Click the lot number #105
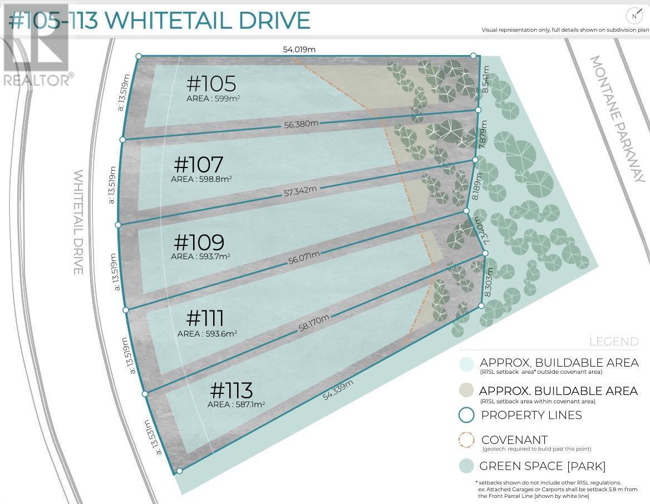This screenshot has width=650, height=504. click(x=211, y=84)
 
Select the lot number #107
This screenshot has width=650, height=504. click(x=199, y=165)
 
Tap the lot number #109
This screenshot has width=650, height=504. click(x=199, y=243)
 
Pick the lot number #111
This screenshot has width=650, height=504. click(x=205, y=319)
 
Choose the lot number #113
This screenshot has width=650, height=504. click(x=232, y=390)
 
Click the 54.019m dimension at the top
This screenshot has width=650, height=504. click(x=299, y=50)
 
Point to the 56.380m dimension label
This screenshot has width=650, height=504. click(x=301, y=124)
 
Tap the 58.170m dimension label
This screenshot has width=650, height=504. click(x=314, y=323)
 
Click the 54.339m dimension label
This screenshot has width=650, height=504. click(x=338, y=390)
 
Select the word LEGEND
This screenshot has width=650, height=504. click(x=614, y=342)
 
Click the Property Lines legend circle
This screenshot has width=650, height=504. click(x=466, y=415)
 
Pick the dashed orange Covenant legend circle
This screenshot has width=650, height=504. click(x=466, y=441)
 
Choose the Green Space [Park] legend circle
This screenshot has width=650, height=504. click(x=466, y=466)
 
